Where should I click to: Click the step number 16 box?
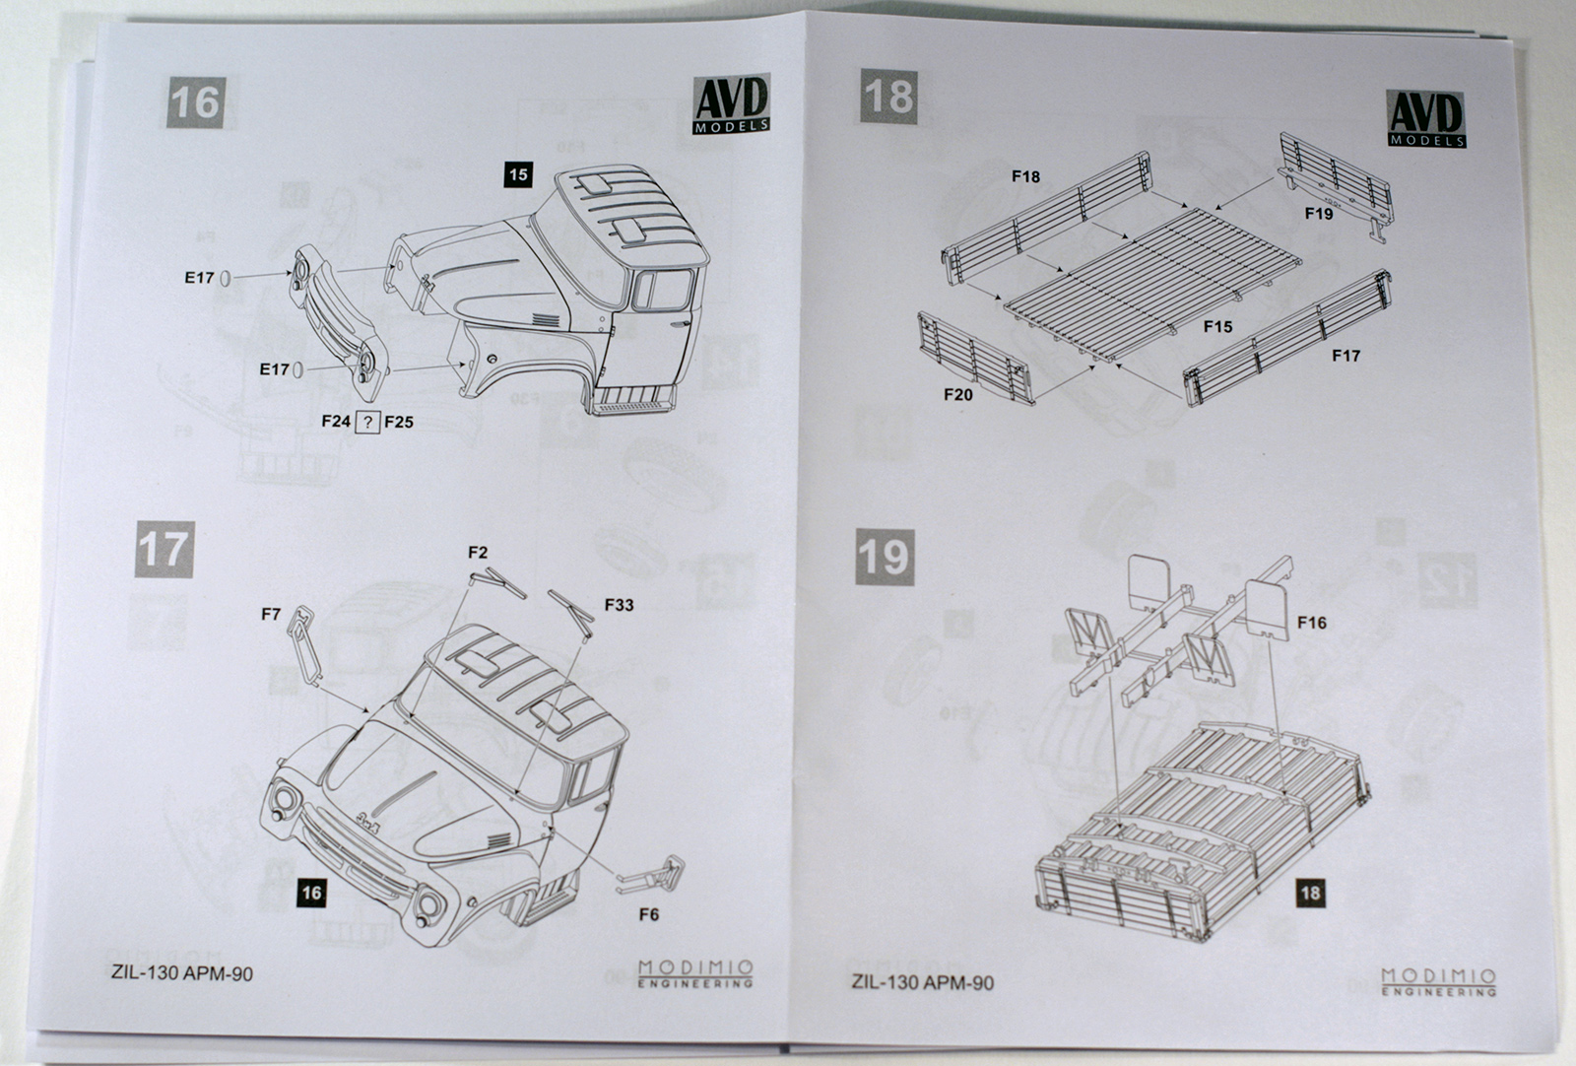pyautogui.click(x=194, y=101)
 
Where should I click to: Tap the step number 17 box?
pyautogui.click(x=164, y=549)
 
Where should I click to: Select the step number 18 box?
pyautogui.click(x=888, y=97)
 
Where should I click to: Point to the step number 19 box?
pyautogui.click(x=884, y=557)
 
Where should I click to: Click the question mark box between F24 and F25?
pyautogui.click(x=366, y=422)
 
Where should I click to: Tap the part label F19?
pyautogui.click(x=1318, y=213)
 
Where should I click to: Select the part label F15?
pyautogui.click(x=1217, y=326)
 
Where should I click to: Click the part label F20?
pyautogui.click(x=957, y=394)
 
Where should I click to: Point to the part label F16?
pyautogui.click(x=1311, y=622)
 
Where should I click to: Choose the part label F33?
pyautogui.click(x=619, y=604)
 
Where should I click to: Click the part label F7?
pyautogui.click(x=271, y=614)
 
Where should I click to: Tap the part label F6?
pyautogui.click(x=648, y=914)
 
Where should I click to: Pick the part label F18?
pyautogui.click(x=1024, y=176)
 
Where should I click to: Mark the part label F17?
pyautogui.click(x=1346, y=355)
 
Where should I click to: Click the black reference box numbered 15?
pyautogui.click(x=517, y=174)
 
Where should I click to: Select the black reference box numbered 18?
pyautogui.click(x=1310, y=894)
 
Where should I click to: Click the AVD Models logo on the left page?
pyautogui.click(x=732, y=102)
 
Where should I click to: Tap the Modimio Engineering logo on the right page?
pyautogui.click(x=1438, y=981)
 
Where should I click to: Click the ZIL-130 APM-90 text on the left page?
pyautogui.click(x=182, y=973)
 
